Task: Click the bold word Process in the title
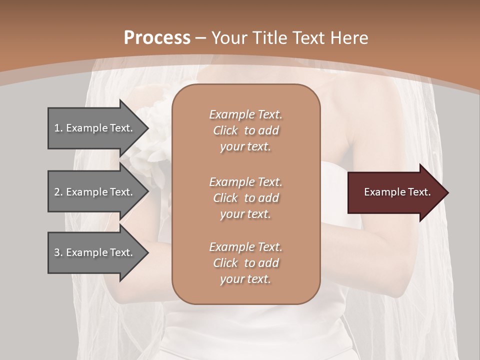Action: point(157,38)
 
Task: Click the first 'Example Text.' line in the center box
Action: point(245,114)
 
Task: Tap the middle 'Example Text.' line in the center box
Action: point(245,182)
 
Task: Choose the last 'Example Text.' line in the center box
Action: point(245,247)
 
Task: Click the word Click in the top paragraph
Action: point(225,130)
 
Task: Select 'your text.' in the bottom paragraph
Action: point(245,279)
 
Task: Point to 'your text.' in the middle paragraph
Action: point(245,214)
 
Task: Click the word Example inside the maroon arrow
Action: point(382,192)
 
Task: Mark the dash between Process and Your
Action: point(201,38)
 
